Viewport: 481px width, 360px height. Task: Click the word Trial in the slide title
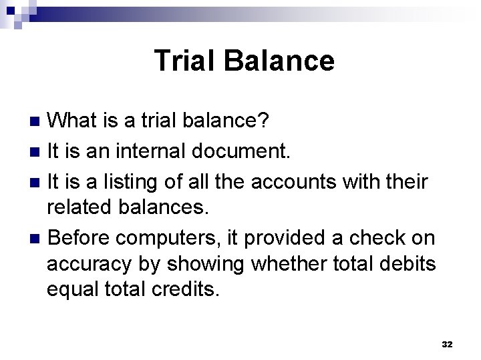pyautogui.click(x=185, y=61)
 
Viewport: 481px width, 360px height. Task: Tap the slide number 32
pyautogui.click(x=448, y=344)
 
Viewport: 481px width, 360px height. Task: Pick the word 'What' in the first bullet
pyautogui.click(x=76, y=121)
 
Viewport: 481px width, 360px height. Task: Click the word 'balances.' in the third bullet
pyautogui.click(x=167, y=208)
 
